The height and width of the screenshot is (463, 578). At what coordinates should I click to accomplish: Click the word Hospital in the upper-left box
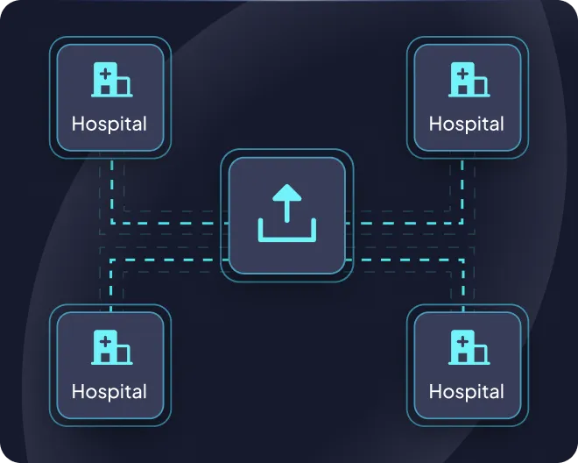click(x=109, y=124)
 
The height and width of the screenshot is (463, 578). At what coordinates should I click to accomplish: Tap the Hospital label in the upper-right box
click(x=466, y=124)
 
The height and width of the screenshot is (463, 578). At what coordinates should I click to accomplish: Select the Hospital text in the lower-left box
click(x=109, y=391)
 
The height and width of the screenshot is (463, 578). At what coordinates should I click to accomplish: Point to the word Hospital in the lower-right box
click(x=466, y=391)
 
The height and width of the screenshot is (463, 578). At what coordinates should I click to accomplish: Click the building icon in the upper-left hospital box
click(x=112, y=80)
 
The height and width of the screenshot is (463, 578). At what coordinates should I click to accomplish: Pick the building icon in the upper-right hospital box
click(x=469, y=80)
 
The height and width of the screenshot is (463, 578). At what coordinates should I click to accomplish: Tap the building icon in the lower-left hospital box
click(x=112, y=347)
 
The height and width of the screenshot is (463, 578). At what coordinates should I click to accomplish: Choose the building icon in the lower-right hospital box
click(x=469, y=347)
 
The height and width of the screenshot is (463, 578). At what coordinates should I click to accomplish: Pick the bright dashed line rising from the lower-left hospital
click(x=110, y=285)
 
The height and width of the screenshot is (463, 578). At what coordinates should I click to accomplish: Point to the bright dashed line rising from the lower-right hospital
click(x=462, y=285)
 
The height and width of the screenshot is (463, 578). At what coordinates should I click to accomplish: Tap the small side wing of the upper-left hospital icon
click(x=125, y=86)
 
